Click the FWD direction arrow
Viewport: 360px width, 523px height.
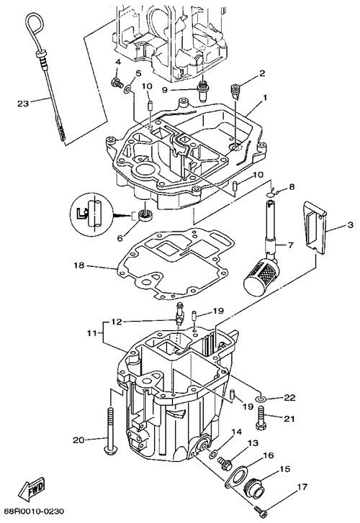32,488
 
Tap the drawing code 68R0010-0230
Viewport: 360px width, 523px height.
34,511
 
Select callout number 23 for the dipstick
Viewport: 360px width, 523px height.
23,104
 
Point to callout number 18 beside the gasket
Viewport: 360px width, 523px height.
79,265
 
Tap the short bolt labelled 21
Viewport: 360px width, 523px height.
261,417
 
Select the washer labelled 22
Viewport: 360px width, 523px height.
261,399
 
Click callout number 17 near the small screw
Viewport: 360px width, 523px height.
302,487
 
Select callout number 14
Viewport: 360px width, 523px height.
236,432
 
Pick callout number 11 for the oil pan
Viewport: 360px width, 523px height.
92,333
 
